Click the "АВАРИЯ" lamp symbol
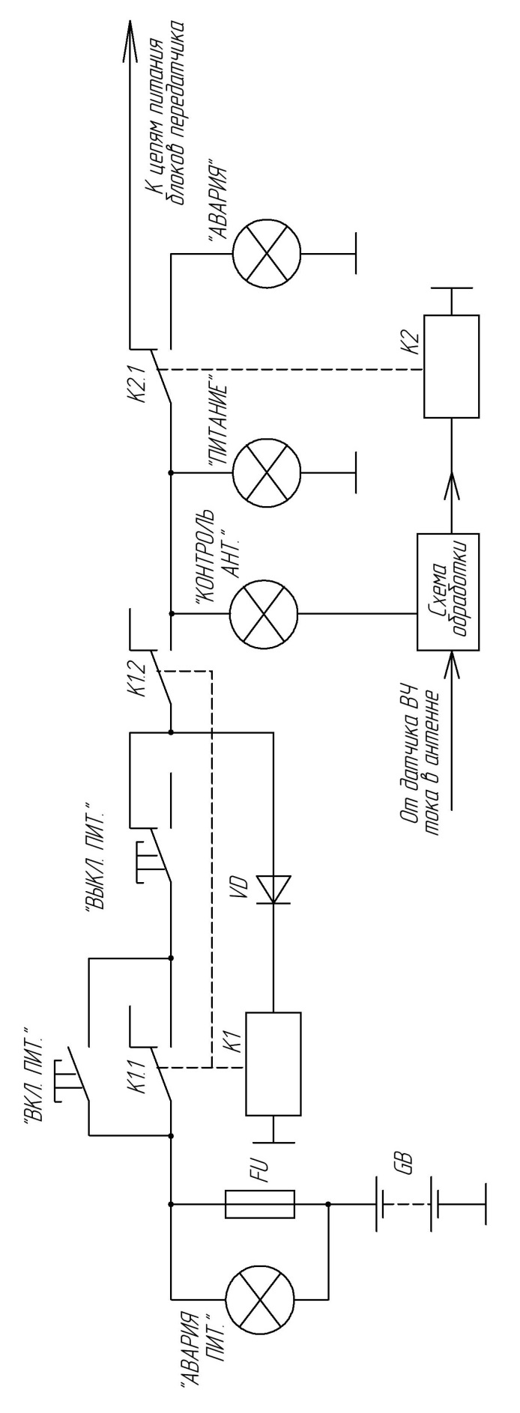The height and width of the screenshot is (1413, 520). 266,255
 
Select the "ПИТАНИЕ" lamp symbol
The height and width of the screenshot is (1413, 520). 266,473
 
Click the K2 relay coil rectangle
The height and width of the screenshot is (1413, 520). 451,365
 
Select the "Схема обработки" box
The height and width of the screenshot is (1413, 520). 447,592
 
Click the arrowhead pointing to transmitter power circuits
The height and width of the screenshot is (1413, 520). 129,37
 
